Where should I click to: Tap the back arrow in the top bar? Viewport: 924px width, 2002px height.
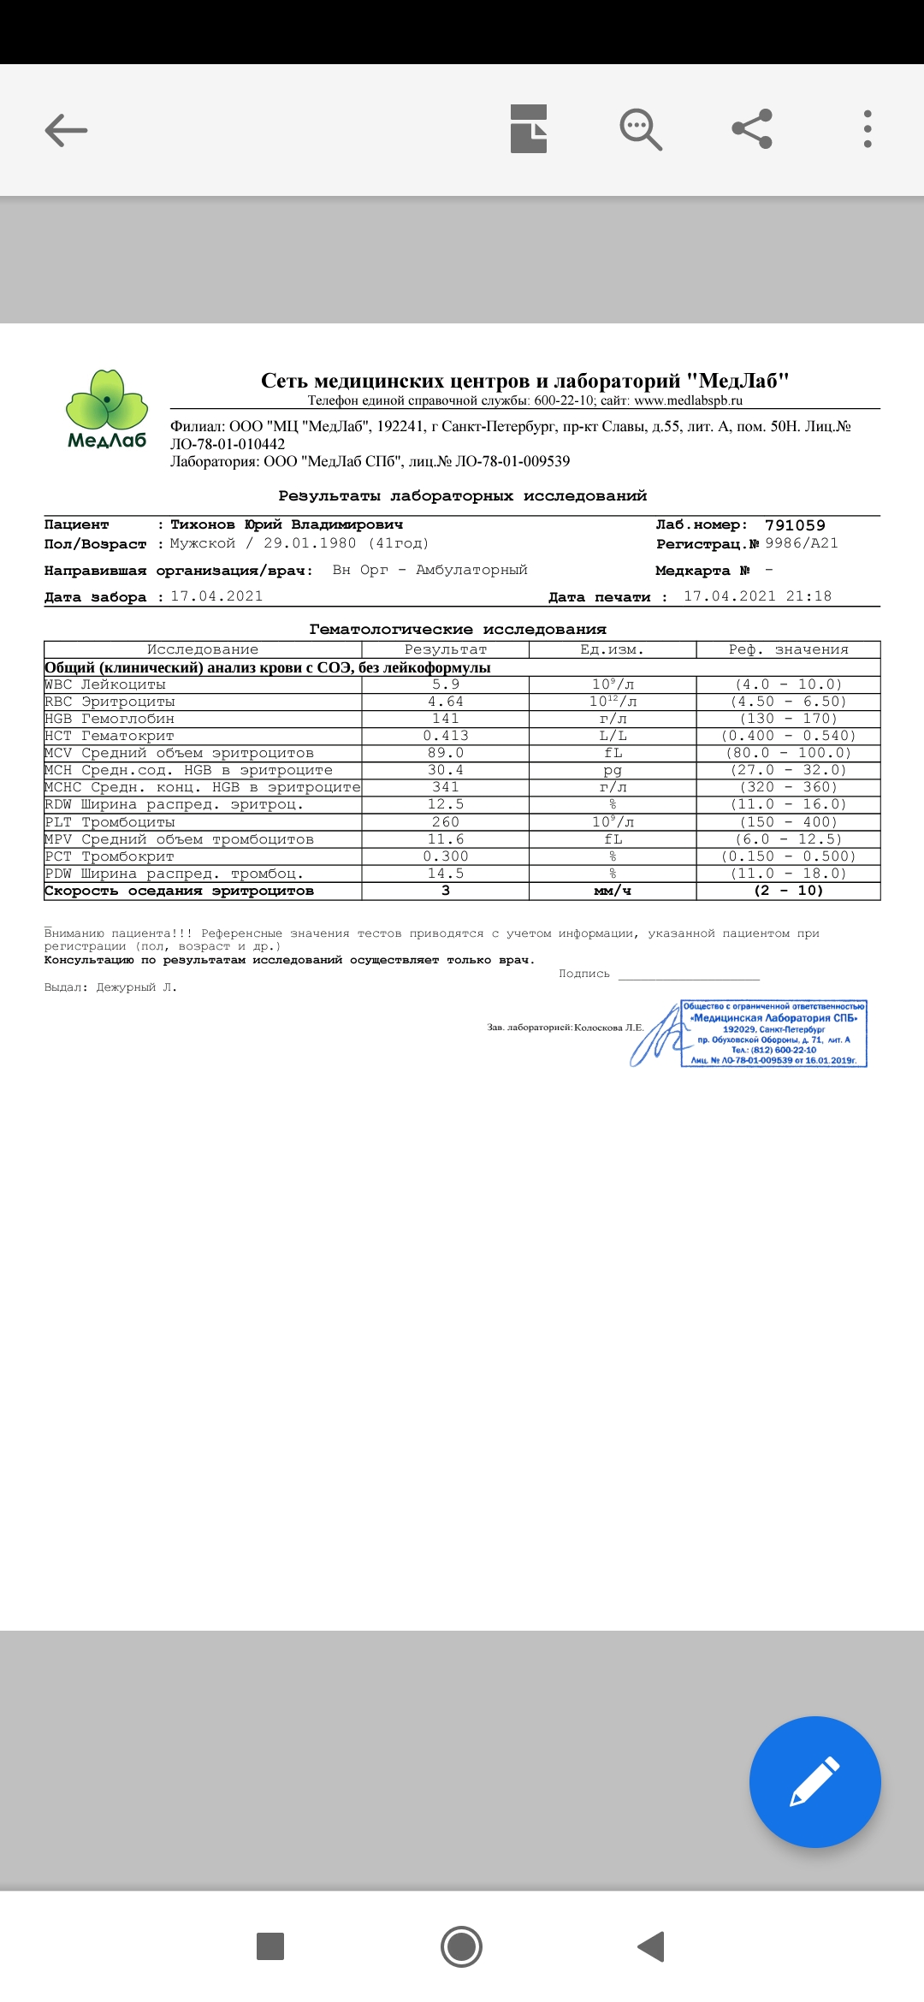[x=66, y=130]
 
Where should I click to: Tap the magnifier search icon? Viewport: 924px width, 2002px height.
[x=640, y=130]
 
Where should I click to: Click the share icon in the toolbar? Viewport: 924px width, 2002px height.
[x=752, y=130]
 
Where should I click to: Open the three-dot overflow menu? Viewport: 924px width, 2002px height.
[x=868, y=130]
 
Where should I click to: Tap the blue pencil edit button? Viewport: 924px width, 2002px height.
[x=814, y=1781]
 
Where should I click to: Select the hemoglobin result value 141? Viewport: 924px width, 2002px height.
[x=445, y=719]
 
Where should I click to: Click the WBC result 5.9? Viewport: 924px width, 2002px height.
[x=445, y=684]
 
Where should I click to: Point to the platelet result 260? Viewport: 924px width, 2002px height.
[x=445, y=822]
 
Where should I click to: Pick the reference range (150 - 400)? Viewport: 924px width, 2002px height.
[x=788, y=822]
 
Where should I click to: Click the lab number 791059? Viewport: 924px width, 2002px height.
[x=795, y=525]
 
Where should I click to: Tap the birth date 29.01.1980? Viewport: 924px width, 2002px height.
[x=310, y=543]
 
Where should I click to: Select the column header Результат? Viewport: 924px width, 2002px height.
[x=445, y=650]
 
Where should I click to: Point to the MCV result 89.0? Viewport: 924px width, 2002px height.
[x=445, y=753]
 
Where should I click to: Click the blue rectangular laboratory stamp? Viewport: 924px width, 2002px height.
[x=773, y=1034]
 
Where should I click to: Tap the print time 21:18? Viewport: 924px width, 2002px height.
[x=808, y=596]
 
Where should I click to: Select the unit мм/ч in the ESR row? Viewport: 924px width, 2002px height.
[x=613, y=891]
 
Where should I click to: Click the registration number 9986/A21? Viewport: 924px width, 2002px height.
[x=802, y=543]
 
